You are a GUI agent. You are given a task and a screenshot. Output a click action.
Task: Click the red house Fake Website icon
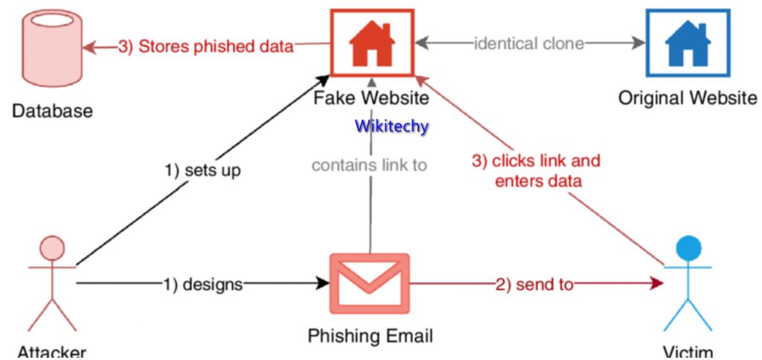tap(371, 43)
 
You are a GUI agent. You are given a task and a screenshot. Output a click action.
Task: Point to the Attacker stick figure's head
tap(51, 248)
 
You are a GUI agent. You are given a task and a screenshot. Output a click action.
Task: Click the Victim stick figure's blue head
tap(689, 248)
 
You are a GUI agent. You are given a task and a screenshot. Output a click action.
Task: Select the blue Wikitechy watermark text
tap(391, 126)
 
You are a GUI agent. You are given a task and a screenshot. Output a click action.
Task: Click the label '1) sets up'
tap(202, 170)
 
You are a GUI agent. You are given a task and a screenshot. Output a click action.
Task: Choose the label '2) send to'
tap(534, 284)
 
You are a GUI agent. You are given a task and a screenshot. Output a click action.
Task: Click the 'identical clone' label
tap(529, 43)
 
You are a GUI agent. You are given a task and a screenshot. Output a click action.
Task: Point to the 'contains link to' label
tap(369, 164)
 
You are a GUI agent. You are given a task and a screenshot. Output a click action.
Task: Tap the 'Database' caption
tap(52, 112)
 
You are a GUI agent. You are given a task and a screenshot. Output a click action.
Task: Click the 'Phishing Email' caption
tap(370, 335)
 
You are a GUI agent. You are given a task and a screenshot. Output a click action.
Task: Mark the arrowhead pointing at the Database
tap(90, 46)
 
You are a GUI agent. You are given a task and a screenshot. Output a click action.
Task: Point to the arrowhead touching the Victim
tap(656, 283)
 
